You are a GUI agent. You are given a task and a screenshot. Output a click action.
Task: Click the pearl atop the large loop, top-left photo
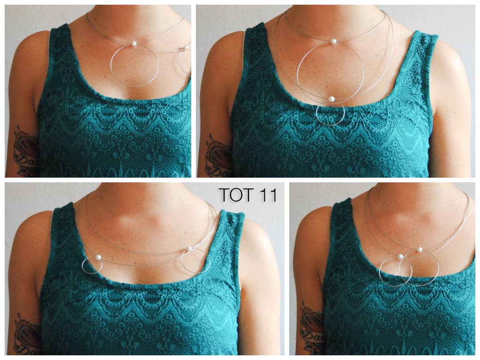[x=134, y=44]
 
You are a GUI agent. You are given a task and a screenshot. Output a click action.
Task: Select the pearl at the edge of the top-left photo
[x=186, y=48]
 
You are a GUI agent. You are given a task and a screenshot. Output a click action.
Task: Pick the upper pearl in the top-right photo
[x=334, y=42]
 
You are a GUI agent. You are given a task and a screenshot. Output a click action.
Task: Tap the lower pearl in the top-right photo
[x=331, y=99]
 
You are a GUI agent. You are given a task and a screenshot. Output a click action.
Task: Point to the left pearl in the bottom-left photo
[x=99, y=258]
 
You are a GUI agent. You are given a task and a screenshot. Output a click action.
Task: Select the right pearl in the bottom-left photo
[x=189, y=249]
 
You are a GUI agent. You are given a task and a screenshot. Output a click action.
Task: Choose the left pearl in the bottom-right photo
[x=400, y=257]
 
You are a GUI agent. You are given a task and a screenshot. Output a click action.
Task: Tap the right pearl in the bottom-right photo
[x=420, y=250]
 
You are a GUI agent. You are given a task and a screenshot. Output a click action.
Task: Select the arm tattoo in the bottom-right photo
[x=312, y=328]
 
